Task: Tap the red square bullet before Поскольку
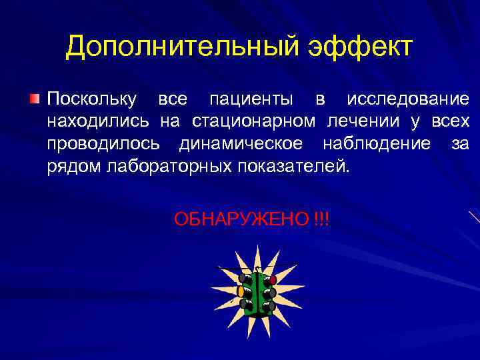(x=35, y=100)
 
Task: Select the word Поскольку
(x=91, y=100)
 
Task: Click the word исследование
(x=407, y=100)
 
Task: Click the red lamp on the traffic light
(x=272, y=280)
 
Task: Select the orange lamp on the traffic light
(x=241, y=291)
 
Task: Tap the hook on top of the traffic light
(x=257, y=270)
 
